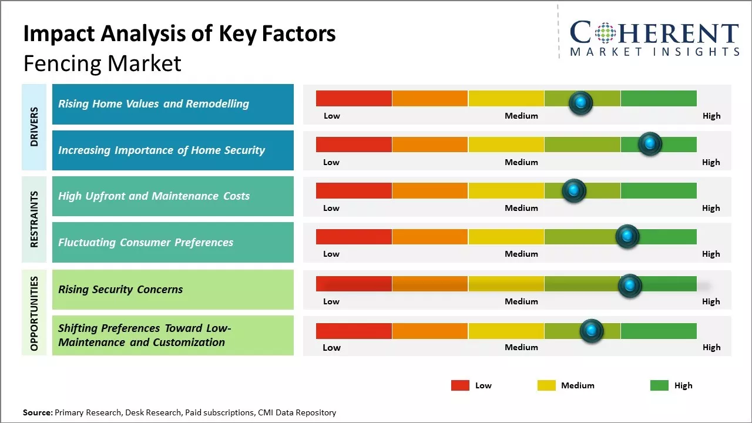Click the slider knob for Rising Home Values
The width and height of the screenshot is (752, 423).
(580, 103)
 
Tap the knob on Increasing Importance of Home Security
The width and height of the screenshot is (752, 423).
(650, 144)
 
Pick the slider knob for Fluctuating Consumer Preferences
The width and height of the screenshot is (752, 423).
(627, 236)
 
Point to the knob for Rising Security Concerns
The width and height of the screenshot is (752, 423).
(630, 286)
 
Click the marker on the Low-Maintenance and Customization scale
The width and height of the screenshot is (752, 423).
(591, 331)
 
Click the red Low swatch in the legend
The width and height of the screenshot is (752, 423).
(460, 385)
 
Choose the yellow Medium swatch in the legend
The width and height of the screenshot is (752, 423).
(546, 385)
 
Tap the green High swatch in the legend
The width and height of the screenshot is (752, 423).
(659, 385)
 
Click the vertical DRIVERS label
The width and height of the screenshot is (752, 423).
(34, 127)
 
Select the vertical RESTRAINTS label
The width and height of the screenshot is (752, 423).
(34, 219)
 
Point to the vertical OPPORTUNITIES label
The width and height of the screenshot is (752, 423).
(34, 313)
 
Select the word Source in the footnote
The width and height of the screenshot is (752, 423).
(36, 412)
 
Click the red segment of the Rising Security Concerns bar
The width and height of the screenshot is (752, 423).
(354, 284)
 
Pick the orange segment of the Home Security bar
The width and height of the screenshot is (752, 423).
(429, 144)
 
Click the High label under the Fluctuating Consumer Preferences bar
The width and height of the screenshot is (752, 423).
(711, 254)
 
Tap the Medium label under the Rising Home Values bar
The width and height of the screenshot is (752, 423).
(521, 116)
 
